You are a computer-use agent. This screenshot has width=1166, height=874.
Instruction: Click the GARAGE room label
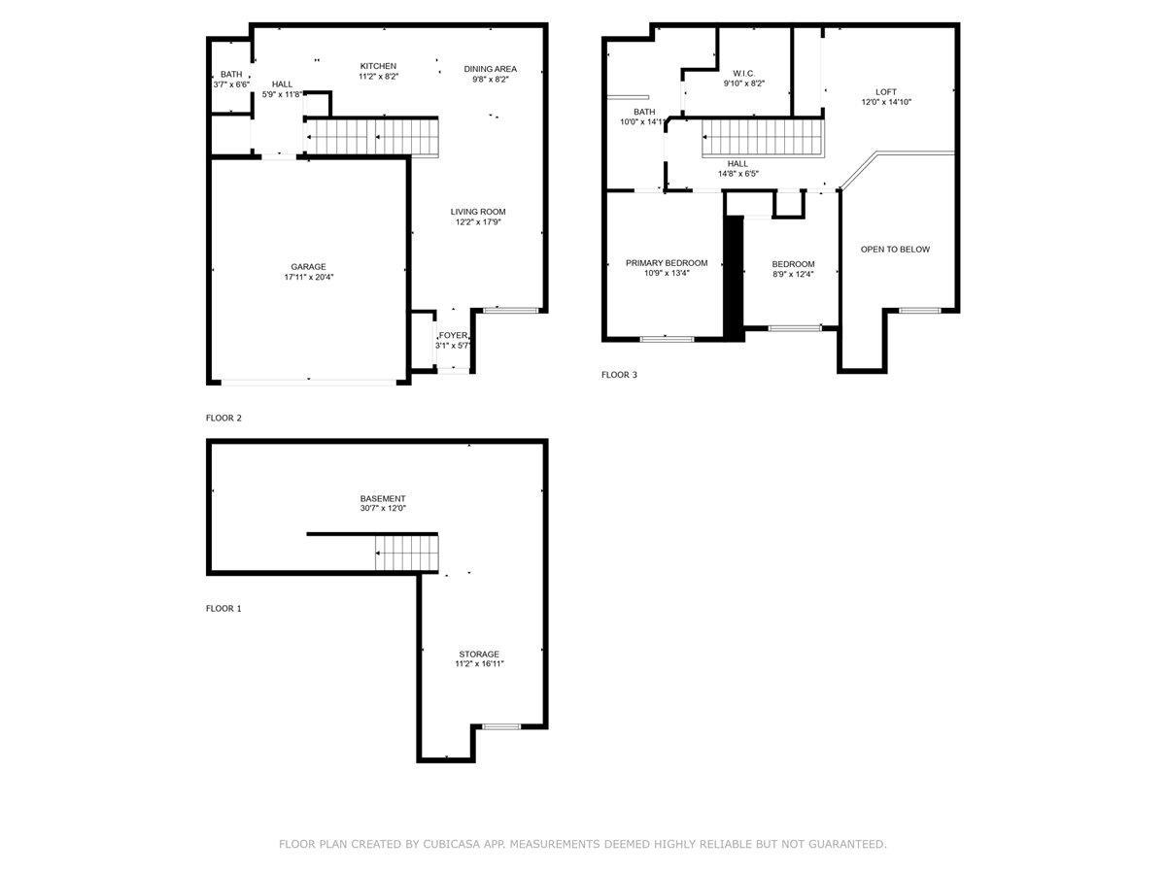click(308, 267)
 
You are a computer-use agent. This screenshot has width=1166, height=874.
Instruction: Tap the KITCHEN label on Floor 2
click(378, 66)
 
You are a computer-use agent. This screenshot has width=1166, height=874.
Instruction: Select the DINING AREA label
click(491, 69)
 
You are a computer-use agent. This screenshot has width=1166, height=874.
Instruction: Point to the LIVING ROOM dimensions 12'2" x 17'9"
click(478, 221)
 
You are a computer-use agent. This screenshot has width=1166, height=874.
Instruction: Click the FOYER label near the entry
click(453, 335)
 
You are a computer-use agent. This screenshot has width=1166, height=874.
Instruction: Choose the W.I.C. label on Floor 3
click(743, 73)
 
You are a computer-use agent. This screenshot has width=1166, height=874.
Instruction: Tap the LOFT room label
click(886, 92)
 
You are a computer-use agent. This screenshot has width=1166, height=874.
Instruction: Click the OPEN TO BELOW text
click(895, 250)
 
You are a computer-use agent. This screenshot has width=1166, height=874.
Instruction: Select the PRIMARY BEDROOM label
click(667, 263)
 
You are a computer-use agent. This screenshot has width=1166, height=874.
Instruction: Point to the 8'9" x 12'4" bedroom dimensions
click(793, 275)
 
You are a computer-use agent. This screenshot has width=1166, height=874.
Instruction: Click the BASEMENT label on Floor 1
click(383, 499)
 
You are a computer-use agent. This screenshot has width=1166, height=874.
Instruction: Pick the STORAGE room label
click(479, 655)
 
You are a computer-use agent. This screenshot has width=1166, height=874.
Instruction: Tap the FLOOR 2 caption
click(223, 419)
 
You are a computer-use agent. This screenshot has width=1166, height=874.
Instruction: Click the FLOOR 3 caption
click(619, 375)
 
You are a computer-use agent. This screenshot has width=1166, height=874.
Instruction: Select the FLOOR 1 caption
click(223, 609)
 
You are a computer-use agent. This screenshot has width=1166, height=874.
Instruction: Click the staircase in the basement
click(407, 553)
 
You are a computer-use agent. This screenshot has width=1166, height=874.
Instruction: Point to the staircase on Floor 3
click(763, 138)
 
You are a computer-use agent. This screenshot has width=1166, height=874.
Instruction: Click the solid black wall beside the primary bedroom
click(735, 278)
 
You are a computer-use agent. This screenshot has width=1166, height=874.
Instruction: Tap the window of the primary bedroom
click(667, 339)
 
